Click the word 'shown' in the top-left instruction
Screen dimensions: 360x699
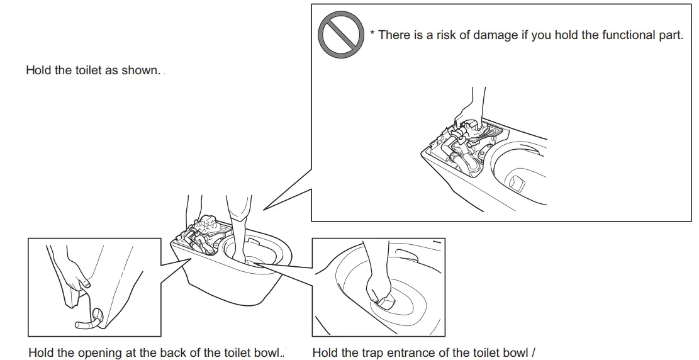coord(143,70)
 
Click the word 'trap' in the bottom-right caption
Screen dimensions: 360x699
coord(370,352)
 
